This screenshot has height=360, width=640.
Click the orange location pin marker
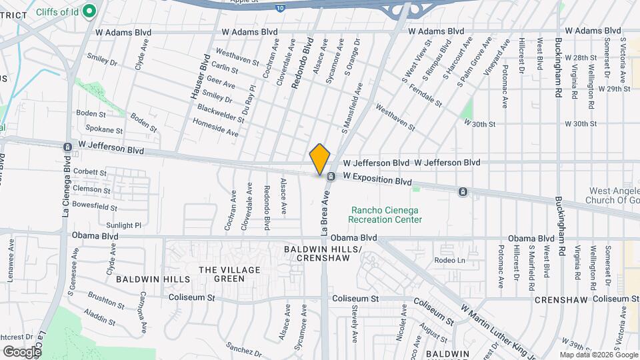[320, 159]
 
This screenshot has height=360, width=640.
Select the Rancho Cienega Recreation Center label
[385, 215]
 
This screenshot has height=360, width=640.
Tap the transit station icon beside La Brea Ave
[330, 177]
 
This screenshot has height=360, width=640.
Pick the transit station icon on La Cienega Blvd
[67, 147]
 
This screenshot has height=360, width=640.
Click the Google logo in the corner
[22, 351]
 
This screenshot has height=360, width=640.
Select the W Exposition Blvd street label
[377, 180]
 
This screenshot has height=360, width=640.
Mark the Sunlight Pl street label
[123, 225]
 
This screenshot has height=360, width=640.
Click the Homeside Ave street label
[215, 127]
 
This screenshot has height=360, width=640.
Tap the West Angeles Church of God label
[612, 195]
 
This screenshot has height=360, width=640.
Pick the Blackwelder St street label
[221, 113]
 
